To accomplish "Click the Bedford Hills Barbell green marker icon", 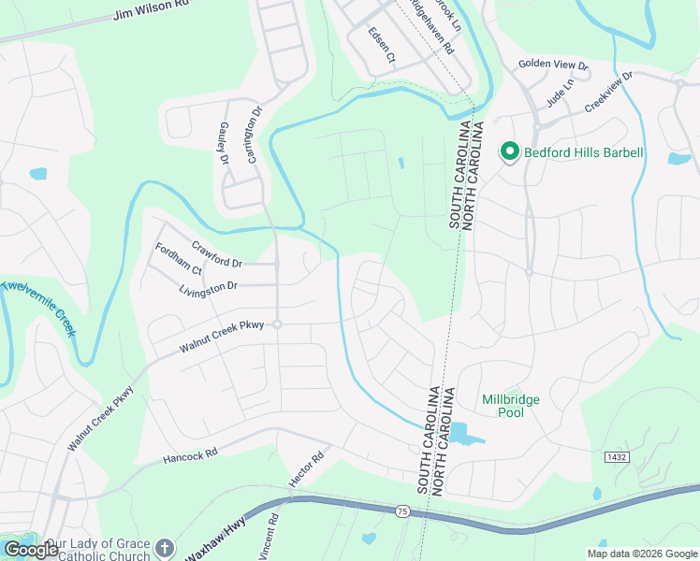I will point(510,151).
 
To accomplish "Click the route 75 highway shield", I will point(401,511).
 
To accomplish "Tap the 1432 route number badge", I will point(616,456).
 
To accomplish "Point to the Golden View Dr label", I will point(553,65).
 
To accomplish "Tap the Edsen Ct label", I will point(383,46).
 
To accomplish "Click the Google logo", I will point(31,550).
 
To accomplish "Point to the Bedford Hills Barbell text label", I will point(583,151).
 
